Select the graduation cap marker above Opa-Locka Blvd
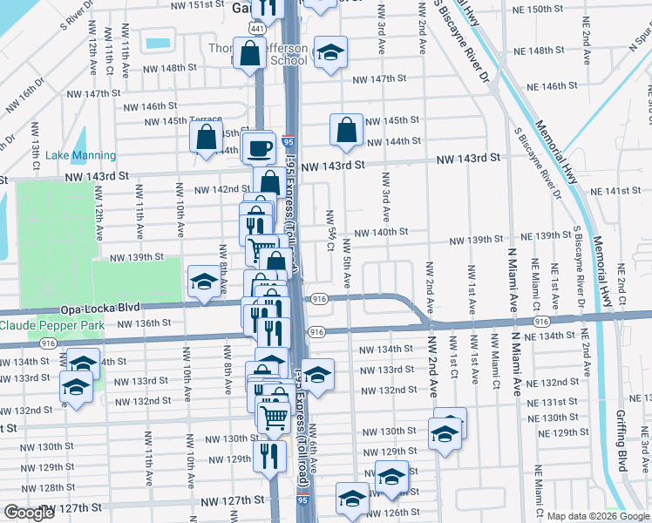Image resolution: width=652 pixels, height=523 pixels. [205, 282]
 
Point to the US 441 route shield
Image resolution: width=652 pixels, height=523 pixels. [253, 29]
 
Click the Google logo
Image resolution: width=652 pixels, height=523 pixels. [28, 513]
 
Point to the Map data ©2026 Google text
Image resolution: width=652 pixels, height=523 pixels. [598, 516]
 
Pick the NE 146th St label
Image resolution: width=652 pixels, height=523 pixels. [566, 87]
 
